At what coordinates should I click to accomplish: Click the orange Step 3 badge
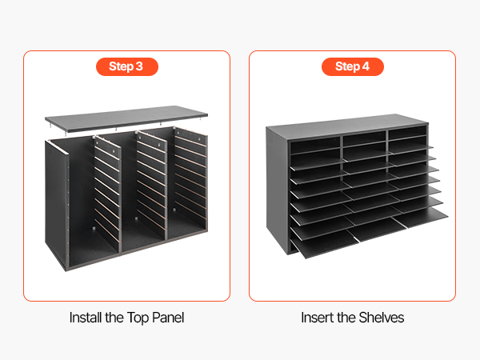point(127,66)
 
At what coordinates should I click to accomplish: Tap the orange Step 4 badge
point(353,66)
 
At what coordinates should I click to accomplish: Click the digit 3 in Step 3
point(139,66)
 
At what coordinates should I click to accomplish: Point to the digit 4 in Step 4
point(366,66)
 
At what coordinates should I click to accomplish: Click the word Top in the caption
point(138,318)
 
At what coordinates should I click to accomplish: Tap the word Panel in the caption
point(168,318)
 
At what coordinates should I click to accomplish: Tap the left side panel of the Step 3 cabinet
point(56,202)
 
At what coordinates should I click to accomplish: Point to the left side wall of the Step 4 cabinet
point(277,190)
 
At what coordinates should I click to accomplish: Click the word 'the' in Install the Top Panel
point(114,318)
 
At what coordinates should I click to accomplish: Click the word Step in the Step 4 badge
point(347,66)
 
